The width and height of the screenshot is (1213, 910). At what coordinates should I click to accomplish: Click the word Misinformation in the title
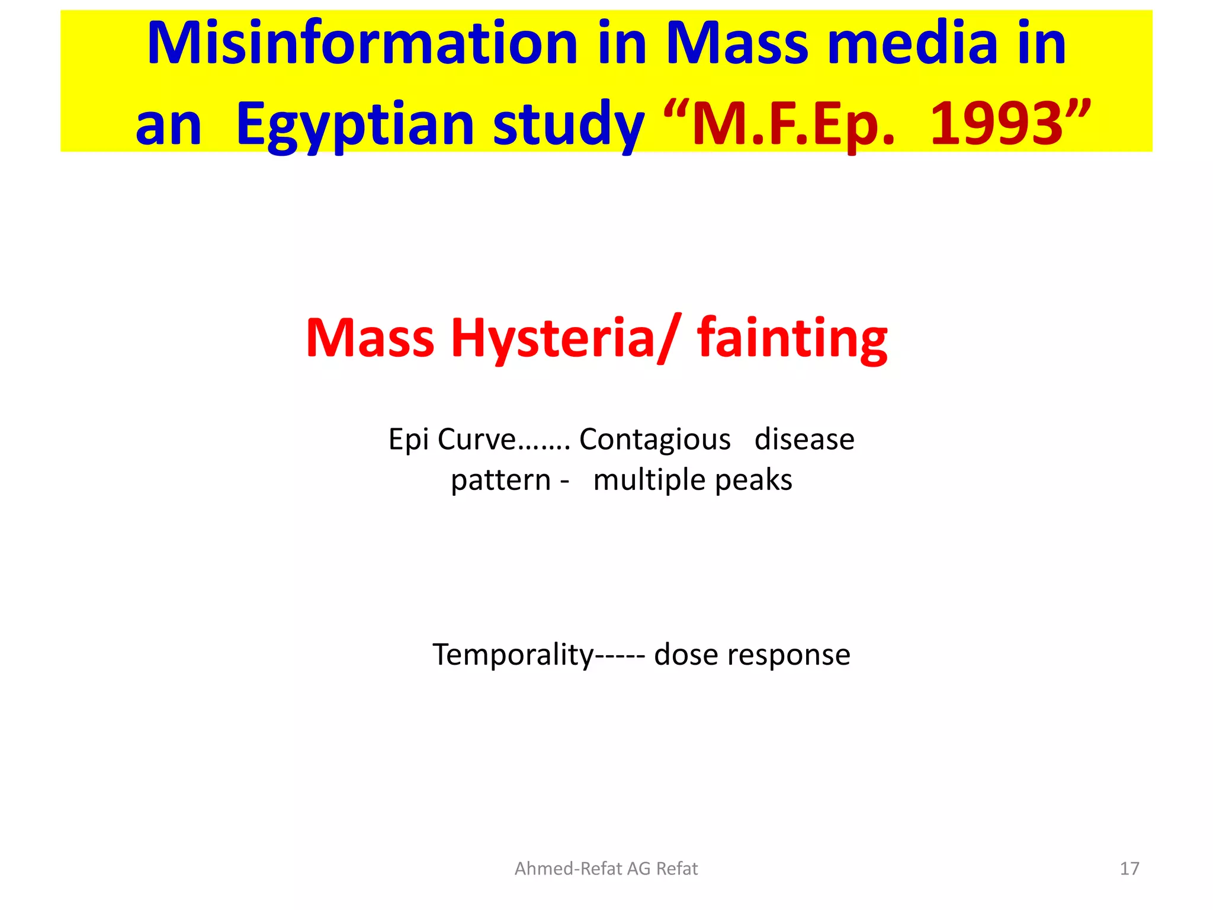[x=362, y=44]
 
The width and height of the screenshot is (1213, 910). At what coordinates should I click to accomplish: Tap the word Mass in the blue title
[x=737, y=44]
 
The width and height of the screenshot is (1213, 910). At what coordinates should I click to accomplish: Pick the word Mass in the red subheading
[x=370, y=338]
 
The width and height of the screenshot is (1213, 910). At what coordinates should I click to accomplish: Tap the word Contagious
[x=654, y=440]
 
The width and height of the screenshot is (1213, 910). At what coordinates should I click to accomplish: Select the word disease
[x=804, y=440]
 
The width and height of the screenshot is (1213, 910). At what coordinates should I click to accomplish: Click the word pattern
[x=500, y=480]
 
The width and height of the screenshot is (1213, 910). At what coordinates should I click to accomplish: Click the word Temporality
[x=513, y=655]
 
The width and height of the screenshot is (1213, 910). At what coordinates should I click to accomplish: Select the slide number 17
[x=1129, y=869]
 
